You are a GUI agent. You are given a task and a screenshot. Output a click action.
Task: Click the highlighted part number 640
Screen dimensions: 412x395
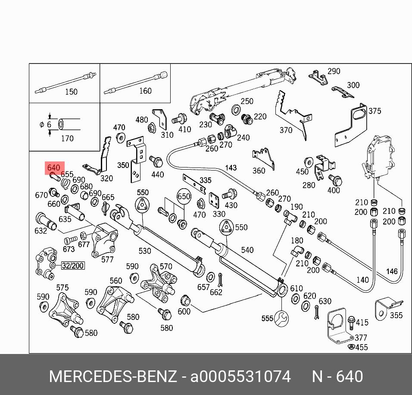coord(54,167)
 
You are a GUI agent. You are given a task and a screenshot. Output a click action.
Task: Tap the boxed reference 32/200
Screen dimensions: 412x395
coord(72,265)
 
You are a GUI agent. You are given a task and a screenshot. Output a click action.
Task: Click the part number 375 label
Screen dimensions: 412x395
coord(375,111)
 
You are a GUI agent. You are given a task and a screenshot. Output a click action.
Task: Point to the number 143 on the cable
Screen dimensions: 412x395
coord(231,167)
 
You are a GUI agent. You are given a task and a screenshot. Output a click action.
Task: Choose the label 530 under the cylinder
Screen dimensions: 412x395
coord(144,251)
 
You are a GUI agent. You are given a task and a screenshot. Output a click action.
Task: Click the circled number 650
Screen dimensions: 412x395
coord(184,196)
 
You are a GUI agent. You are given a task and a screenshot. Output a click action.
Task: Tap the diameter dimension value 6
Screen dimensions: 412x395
coord(49,124)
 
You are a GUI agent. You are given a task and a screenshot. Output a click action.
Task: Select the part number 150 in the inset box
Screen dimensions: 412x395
coord(71,92)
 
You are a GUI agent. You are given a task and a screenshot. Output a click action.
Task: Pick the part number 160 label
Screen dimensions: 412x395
coord(145,91)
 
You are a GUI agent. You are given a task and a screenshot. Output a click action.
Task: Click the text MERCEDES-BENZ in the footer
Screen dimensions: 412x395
coord(113,376)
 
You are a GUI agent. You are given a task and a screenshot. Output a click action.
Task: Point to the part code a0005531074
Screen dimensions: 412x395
coord(240,376)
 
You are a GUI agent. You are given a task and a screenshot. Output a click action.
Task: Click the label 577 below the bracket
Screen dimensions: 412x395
coord(107,259)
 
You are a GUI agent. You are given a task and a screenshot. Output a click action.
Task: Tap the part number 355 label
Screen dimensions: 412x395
coord(396,315)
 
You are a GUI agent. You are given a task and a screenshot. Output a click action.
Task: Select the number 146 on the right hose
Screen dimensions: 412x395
coord(392,272)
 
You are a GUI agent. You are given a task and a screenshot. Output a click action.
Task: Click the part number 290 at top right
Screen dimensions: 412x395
coord(334,71)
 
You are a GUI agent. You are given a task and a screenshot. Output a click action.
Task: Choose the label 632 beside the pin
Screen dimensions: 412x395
coord(41,231)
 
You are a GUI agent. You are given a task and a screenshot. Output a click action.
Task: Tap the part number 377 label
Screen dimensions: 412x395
coord(361,338)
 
